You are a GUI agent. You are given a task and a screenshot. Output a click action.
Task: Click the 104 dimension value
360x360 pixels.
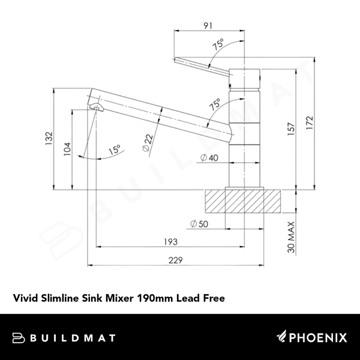pos(67,148)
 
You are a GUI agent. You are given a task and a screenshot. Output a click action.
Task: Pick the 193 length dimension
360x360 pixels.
pos(171,242)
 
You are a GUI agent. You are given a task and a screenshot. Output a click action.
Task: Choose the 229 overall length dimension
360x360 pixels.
pos(174,260)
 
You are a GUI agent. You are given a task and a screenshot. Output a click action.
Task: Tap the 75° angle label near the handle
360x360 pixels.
pos(217,43)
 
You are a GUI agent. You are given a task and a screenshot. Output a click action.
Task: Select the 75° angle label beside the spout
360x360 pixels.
pos(214,104)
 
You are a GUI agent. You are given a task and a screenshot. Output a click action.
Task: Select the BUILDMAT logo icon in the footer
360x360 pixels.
pos(17,337)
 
